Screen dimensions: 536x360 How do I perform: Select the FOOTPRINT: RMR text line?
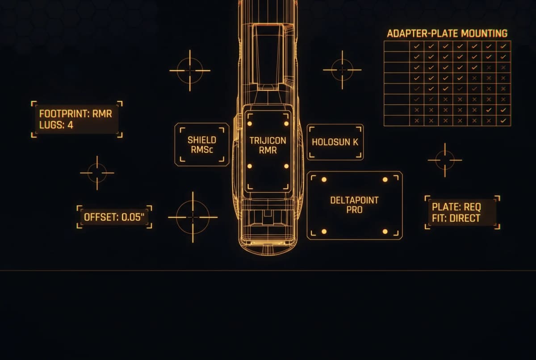pyautogui.click(x=75, y=114)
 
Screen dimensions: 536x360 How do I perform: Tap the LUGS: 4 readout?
pyautogui.click(x=56, y=125)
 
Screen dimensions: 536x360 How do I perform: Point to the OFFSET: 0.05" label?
pyautogui.click(x=114, y=217)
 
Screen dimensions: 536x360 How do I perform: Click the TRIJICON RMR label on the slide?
pyautogui.click(x=268, y=146)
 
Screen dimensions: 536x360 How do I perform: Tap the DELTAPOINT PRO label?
pyautogui.click(x=354, y=205)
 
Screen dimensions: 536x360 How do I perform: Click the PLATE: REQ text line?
pyautogui.click(x=456, y=207)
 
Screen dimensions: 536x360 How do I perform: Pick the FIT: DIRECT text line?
pyautogui.click(x=456, y=218)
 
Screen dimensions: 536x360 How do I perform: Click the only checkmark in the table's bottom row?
pyautogui.click(x=503, y=121)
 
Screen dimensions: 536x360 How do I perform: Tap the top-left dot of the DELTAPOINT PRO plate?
pyautogui.click(x=324, y=180)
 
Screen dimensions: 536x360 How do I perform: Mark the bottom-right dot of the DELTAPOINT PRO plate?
pyautogui.click(x=385, y=231)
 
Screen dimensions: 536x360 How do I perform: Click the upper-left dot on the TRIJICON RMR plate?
pyautogui.click(x=250, y=124)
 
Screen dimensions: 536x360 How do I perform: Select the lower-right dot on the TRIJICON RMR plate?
pyautogui.click(x=286, y=166)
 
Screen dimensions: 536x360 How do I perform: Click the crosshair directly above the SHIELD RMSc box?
pyautogui.click(x=190, y=71)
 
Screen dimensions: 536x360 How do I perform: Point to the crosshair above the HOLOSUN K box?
pyautogui.click(x=342, y=70)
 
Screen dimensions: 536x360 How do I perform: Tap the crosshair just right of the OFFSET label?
pyautogui.click(x=193, y=217)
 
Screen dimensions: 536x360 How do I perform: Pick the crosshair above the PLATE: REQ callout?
pyautogui.click(x=445, y=160)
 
